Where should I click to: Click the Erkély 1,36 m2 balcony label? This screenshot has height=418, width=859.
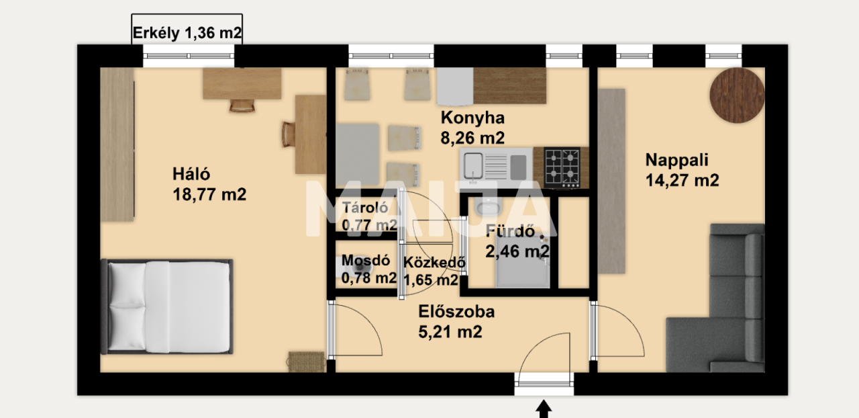coord(187,33)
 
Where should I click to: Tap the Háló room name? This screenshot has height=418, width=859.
coord(191,175)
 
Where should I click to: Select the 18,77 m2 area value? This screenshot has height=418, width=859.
coord(209,195)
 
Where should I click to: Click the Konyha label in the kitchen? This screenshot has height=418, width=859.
coord(472,118)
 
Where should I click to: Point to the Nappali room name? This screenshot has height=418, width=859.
coord(676,160)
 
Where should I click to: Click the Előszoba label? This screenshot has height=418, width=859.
coord(456,312)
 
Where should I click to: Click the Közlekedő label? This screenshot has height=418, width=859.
coord(435,263)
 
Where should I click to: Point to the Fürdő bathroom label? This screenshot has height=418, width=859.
coord(510,233)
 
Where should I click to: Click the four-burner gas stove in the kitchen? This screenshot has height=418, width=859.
coord(562,167)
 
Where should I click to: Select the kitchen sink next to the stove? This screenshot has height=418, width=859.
coord(495,166)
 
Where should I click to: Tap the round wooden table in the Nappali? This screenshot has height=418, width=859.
coord(737,94)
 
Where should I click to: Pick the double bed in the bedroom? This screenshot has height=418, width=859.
coord(168,306)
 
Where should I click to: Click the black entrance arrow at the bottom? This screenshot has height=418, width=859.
coord(544,409)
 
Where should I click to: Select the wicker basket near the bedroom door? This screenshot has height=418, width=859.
coord(307,361)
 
